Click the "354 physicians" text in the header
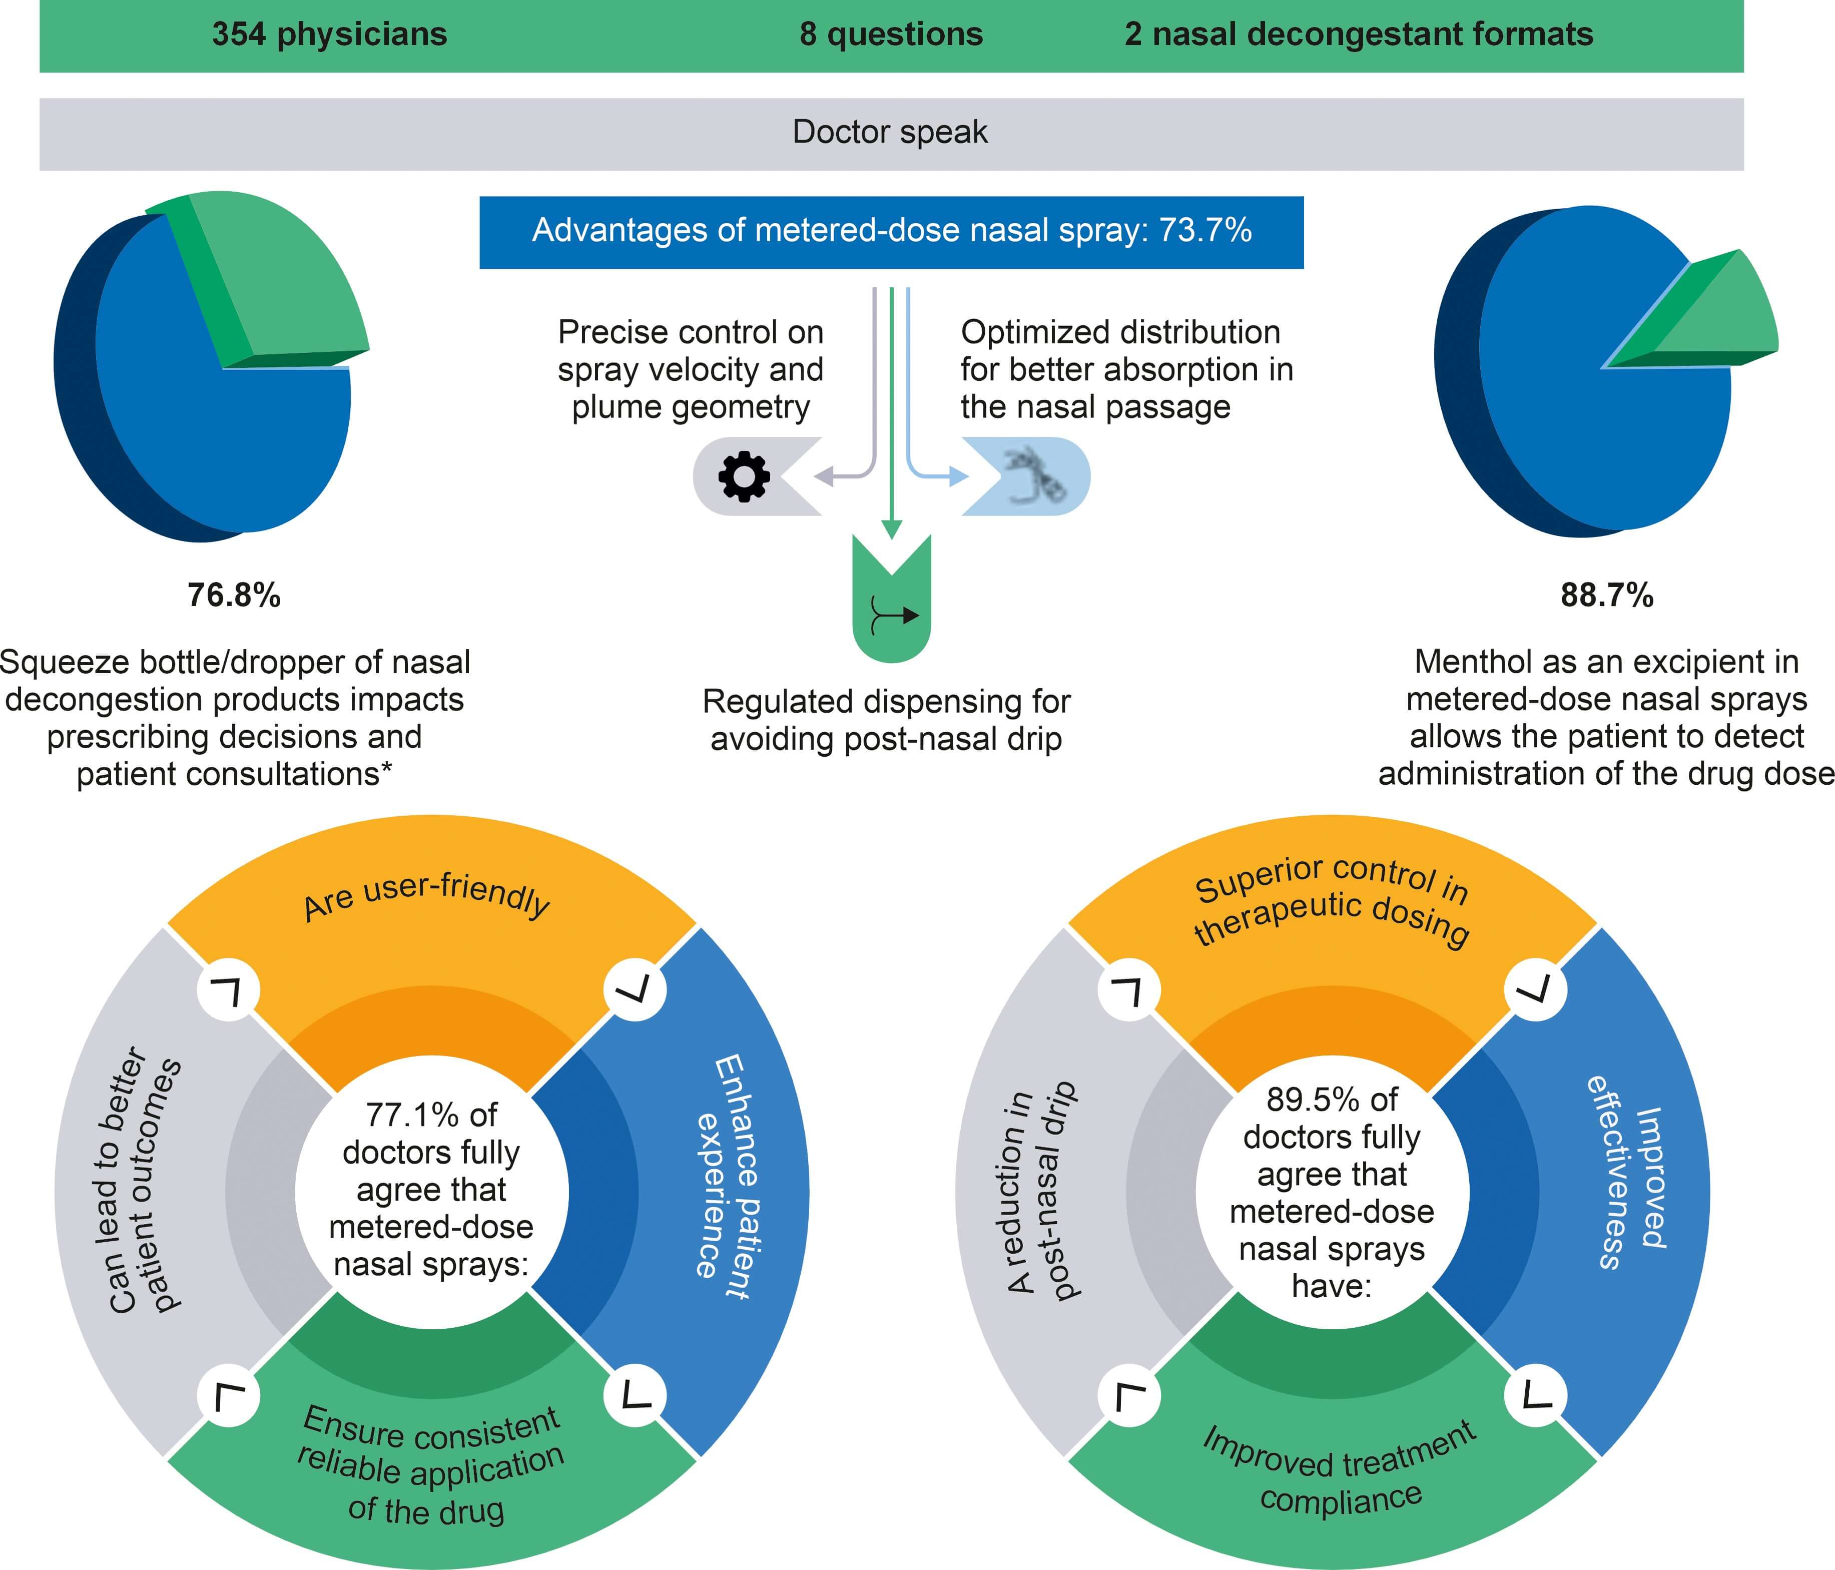click(329, 35)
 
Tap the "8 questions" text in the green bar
click(891, 35)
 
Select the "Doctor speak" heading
click(890, 132)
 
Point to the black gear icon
click(744, 476)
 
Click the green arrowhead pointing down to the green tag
click(892, 529)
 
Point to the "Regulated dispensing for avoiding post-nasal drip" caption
click(887, 720)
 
